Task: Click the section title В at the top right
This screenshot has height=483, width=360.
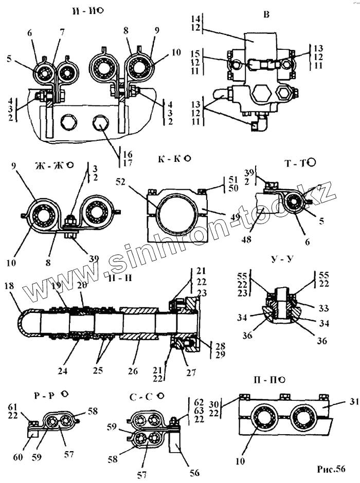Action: [x=266, y=14]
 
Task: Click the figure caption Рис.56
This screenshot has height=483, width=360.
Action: [x=331, y=469]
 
